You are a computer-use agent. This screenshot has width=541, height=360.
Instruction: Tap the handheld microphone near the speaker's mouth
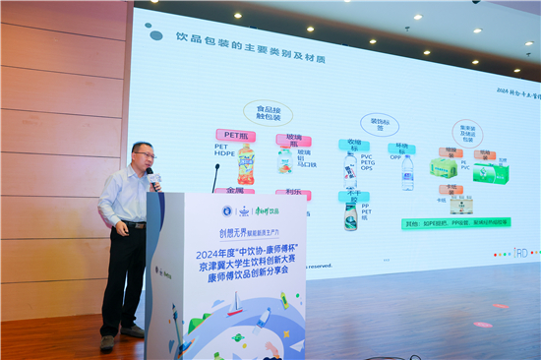(153, 177)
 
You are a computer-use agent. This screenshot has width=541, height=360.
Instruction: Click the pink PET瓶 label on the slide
(235, 136)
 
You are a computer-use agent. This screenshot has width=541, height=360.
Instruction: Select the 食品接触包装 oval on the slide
(268, 113)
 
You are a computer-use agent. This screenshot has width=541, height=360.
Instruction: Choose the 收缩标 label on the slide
(353, 145)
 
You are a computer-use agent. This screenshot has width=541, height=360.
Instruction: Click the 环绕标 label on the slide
(400, 149)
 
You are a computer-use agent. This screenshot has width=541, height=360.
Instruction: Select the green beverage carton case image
(490, 173)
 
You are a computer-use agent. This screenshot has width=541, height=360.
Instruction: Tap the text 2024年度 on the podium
(212, 255)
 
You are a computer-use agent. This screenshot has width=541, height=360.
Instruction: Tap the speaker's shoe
(107, 342)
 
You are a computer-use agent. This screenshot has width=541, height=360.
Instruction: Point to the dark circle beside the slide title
(156, 36)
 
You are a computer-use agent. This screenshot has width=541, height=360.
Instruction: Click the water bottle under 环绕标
(407, 172)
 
